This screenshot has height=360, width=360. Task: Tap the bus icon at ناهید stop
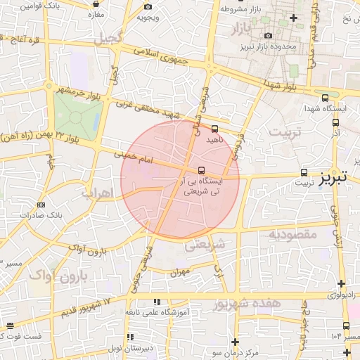(x=214, y=129)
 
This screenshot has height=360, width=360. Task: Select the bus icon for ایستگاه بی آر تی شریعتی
(x=202, y=170)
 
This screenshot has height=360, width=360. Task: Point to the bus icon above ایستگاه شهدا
(x=324, y=98)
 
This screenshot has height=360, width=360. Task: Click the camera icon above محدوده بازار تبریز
(x=267, y=36)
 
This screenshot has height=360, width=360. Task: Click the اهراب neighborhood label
(x=97, y=192)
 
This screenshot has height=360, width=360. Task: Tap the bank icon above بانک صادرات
(x=39, y=205)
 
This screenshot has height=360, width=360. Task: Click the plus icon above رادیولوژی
(x=341, y=284)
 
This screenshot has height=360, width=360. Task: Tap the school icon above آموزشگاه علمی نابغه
(x=165, y=301)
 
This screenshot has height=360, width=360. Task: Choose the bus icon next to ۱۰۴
(x=346, y=326)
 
